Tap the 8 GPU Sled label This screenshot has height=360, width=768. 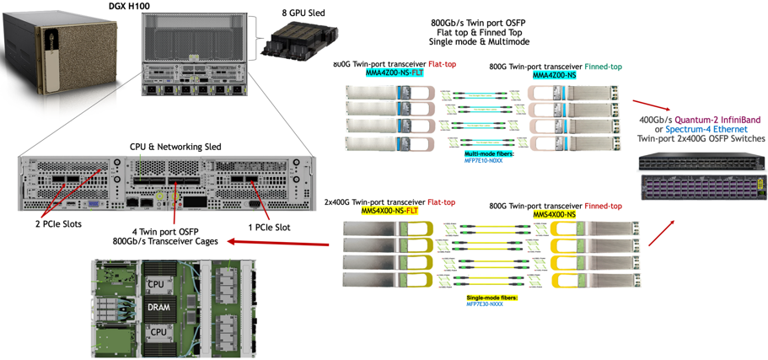(x=303, y=13)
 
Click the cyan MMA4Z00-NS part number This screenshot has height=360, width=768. (x=555, y=74)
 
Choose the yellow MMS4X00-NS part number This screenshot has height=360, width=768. (x=555, y=216)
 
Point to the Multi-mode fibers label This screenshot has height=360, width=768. (x=489, y=154)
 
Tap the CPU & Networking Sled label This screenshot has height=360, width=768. (x=170, y=147)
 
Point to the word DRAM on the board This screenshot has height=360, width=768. (x=158, y=307)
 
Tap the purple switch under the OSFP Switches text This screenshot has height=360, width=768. (x=703, y=187)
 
